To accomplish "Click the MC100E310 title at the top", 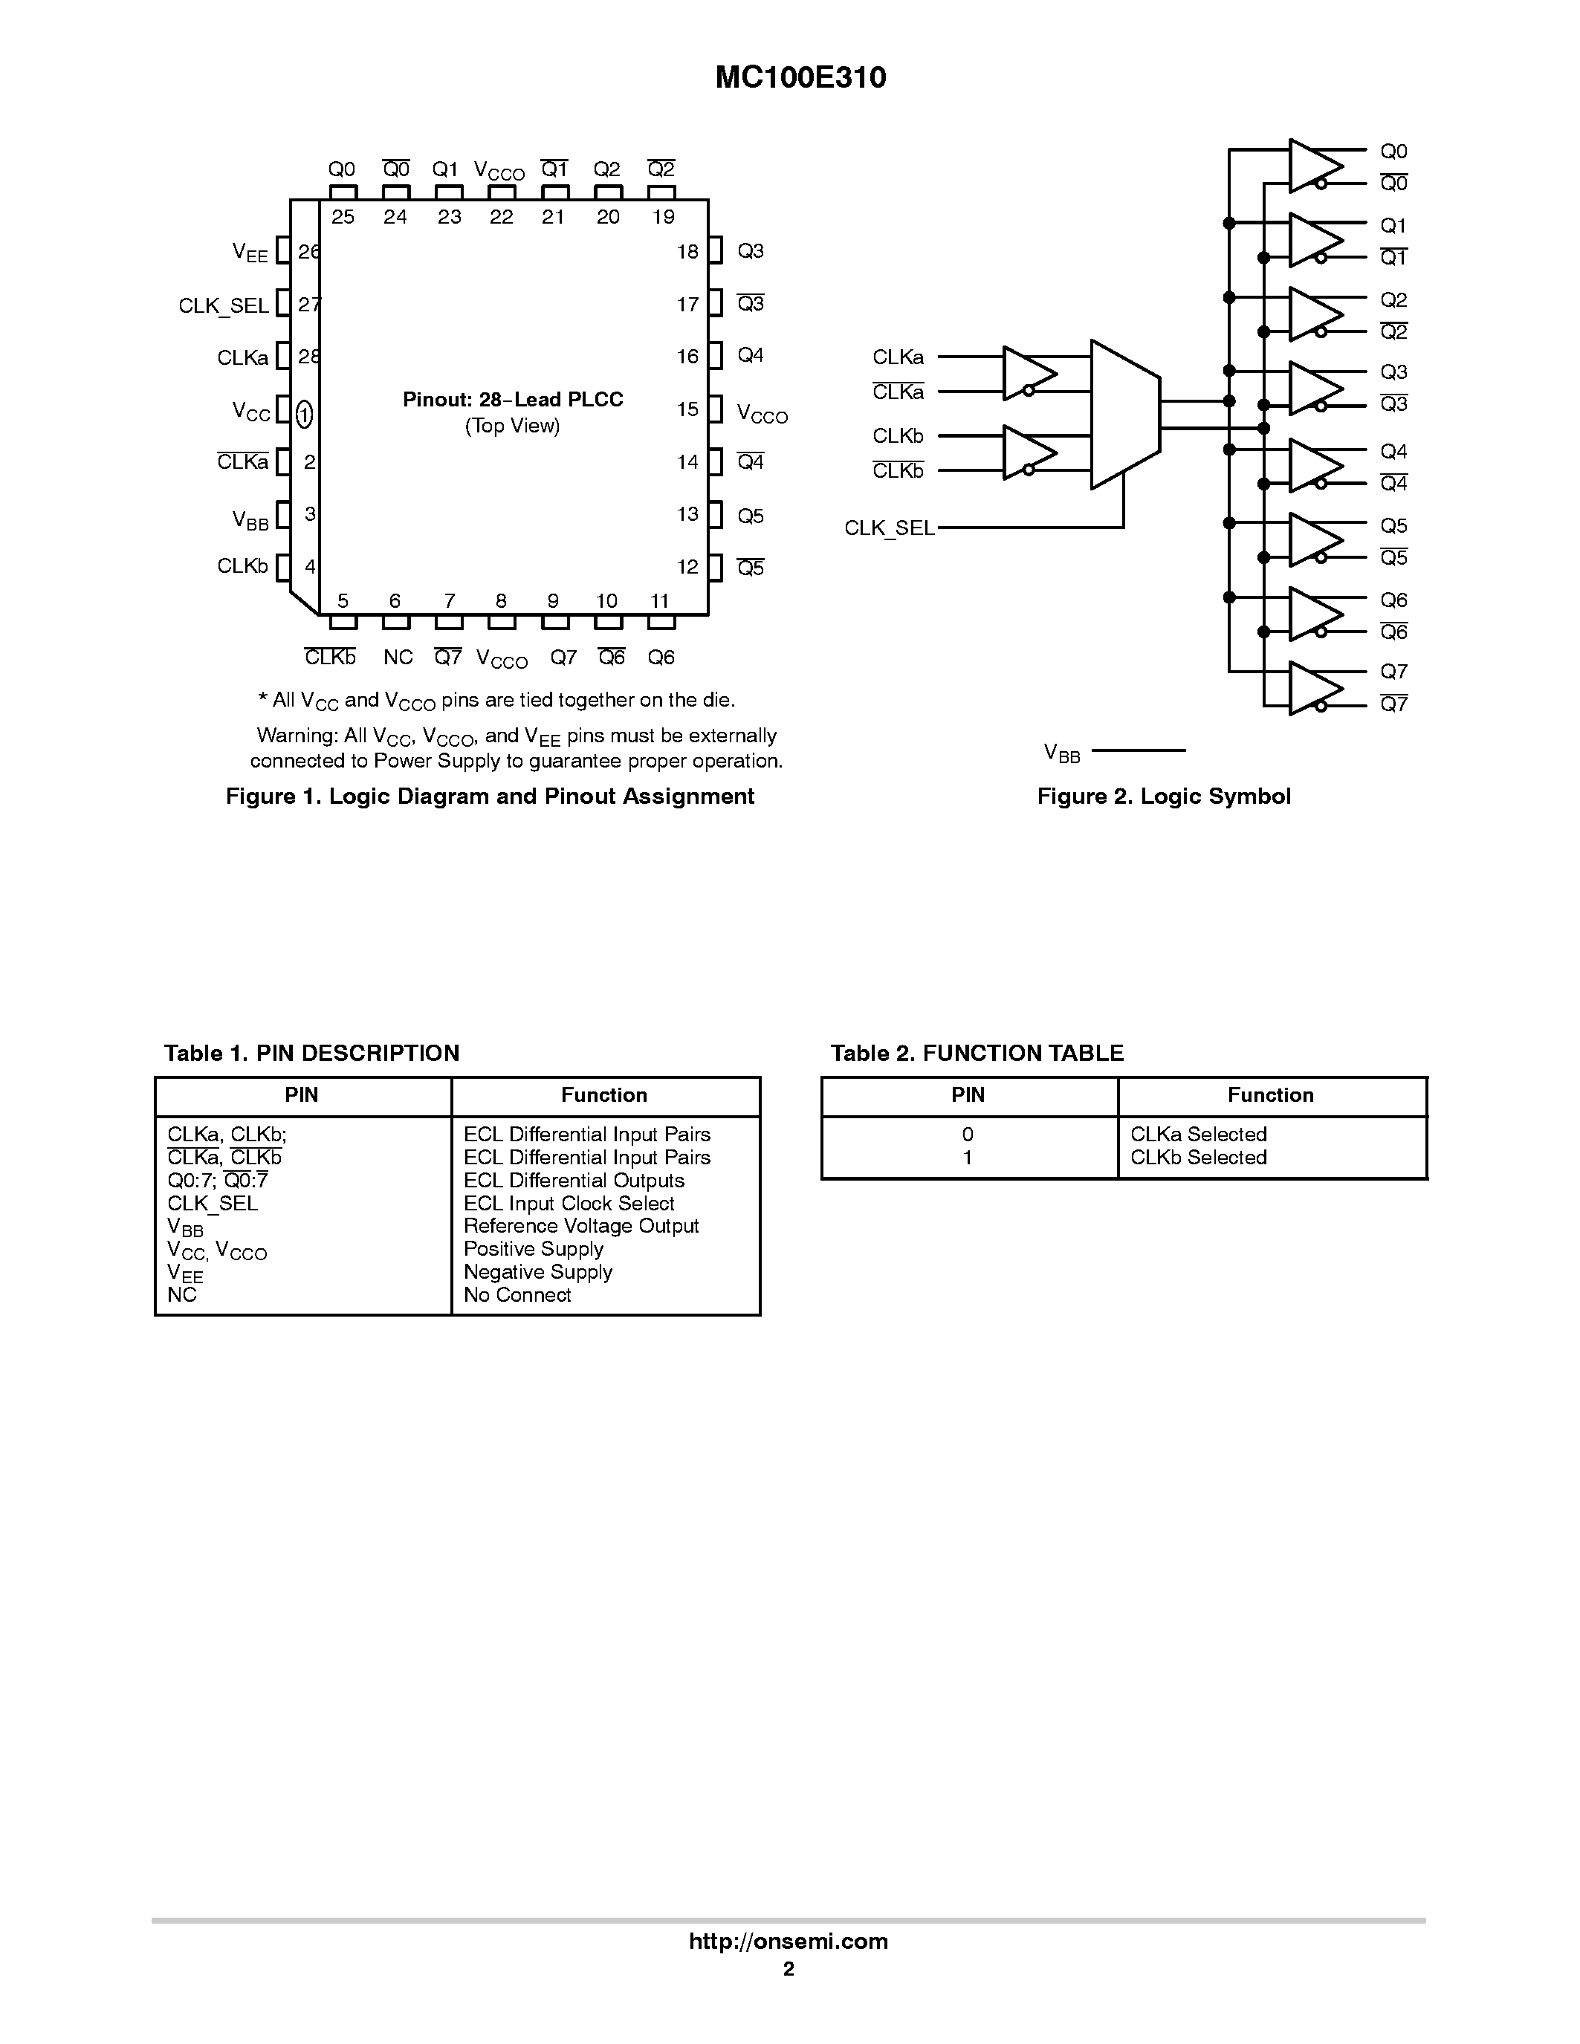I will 800,78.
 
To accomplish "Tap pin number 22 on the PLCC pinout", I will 502,217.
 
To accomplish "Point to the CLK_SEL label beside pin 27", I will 224,306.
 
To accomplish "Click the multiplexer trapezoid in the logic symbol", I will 1125,414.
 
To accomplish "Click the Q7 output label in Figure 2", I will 1393,672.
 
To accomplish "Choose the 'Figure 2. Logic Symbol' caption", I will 1164,796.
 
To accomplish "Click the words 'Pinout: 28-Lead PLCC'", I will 513,400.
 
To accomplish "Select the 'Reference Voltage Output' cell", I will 581,1226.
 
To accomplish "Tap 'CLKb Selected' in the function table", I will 1198,1158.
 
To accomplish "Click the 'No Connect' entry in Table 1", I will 517,1295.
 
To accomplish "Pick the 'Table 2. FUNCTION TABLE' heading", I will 977,1054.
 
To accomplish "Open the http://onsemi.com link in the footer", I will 788,1941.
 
